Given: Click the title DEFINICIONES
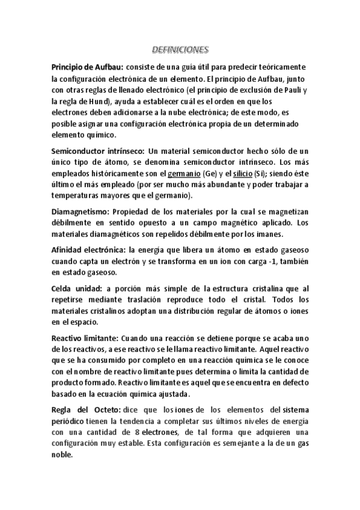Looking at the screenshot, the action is click(x=179, y=51).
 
